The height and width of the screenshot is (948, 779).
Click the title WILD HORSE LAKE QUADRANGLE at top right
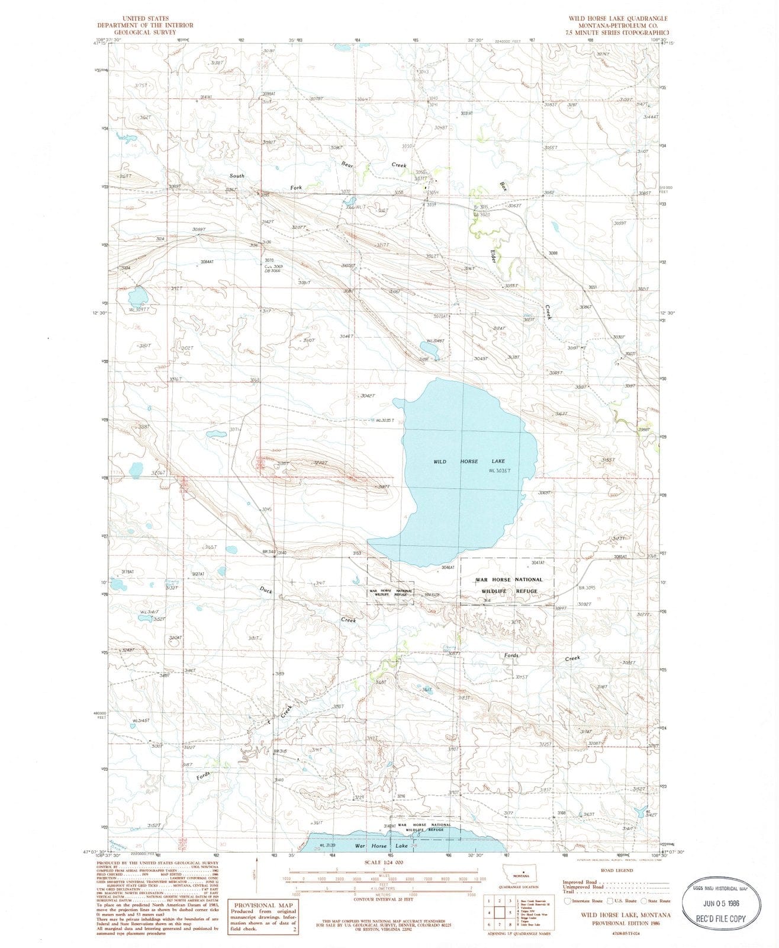pyautogui.click(x=618, y=18)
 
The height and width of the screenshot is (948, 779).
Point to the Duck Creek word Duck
pyautogui.click(x=265, y=590)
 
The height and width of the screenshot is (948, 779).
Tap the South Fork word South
pyautogui.click(x=237, y=176)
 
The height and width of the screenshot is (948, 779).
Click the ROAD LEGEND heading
pyautogui.click(x=616, y=870)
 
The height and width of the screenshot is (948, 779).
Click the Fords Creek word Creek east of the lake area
pyautogui.click(x=572, y=658)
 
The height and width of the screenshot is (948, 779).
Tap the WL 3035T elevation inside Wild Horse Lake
pyautogui.click(x=500, y=471)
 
